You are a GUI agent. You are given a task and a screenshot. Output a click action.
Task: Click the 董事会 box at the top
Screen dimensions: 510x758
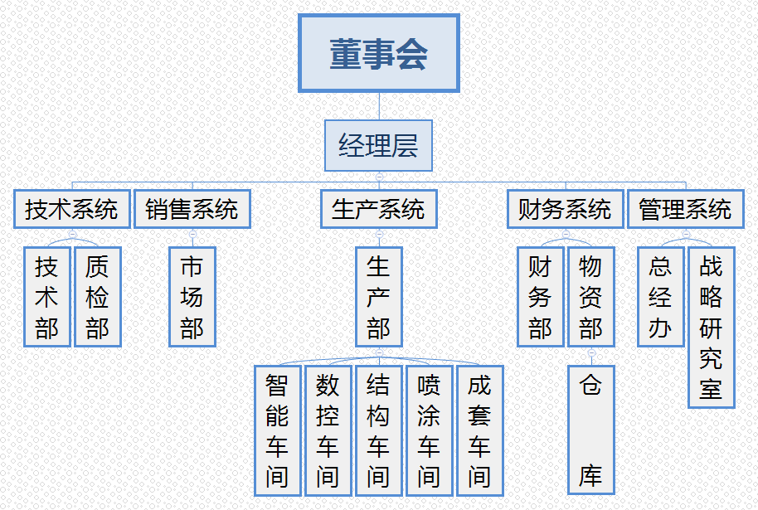coord(378,53)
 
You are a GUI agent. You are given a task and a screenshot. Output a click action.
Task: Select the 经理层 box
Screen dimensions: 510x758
coord(378,146)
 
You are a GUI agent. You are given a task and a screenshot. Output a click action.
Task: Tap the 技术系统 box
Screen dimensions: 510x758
coord(72,209)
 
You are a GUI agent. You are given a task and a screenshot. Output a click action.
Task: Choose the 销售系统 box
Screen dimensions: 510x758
coord(192,209)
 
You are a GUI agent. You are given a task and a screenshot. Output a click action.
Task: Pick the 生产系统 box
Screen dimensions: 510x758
coord(378,209)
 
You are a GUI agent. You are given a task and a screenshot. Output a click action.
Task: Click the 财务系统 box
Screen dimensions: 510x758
coord(566,209)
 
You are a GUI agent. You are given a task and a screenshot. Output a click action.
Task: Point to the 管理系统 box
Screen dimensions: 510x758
coord(686,209)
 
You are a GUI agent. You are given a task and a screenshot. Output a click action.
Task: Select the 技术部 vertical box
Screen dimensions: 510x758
coord(47,297)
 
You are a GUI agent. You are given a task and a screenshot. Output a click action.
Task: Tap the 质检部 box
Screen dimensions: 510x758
coord(98,297)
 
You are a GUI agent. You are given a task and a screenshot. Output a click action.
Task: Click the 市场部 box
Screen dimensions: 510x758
coord(192,297)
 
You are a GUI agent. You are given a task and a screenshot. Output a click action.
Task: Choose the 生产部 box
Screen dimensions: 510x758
coord(378,297)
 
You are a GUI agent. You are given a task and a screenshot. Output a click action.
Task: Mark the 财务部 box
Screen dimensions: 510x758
coord(541,297)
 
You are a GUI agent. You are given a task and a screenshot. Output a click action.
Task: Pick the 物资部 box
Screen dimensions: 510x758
coord(591,297)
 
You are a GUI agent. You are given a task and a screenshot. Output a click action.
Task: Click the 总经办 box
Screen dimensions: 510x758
coord(661,297)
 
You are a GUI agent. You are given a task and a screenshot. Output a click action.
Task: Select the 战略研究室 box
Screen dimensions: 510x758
coord(712,328)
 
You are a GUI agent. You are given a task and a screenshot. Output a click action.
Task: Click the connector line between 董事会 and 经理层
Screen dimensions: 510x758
coord(379,106)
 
